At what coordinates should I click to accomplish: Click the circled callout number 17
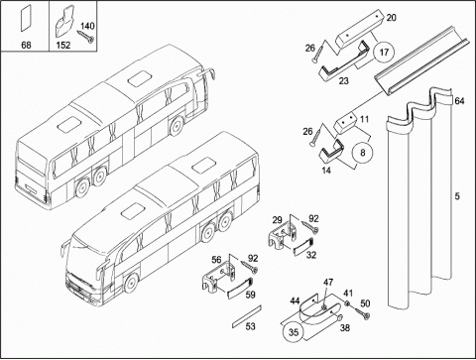tap(384, 53)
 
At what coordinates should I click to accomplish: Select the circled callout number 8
tap(363, 153)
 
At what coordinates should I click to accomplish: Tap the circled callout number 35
tap(294, 332)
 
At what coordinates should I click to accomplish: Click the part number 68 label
tap(26, 45)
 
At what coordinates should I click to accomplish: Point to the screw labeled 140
tap(86, 37)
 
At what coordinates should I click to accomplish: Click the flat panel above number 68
tap(26, 18)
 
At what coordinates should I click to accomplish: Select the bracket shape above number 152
tap(64, 22)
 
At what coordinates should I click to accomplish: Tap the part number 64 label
tap(459, 101)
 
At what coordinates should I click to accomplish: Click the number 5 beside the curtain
tap(457, 196)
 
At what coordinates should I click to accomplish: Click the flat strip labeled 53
tap(247, 316)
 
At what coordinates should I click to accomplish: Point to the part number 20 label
tap(391, 18)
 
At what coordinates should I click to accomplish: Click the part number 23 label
tap(343, 80)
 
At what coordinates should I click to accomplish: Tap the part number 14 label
tap(326, 171)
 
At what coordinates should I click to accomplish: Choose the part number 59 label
tap(251, 295)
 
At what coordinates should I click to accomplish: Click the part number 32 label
tap(311, 255)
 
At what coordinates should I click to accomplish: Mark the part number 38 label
tap(345, 328)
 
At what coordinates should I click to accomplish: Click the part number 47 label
tap(328, 283)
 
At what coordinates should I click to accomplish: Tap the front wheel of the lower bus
tap(131, 284)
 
